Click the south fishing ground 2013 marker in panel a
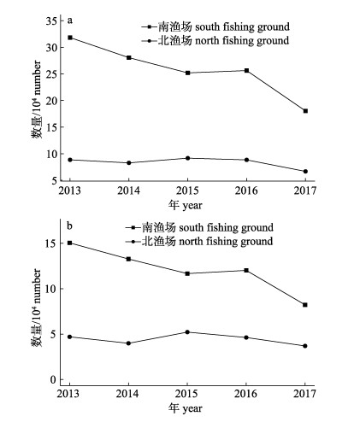coord(70,38)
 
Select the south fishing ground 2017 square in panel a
coord(305,111)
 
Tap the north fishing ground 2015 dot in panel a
coord(187,158)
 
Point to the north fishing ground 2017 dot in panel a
coord(305,172)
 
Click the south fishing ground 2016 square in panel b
coord(246,270)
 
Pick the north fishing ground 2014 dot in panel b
coord(128,343)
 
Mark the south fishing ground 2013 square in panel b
coord(70,243)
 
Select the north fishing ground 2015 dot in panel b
coord(187,332)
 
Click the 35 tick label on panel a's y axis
coord(50,21)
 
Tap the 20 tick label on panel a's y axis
coord(50,101)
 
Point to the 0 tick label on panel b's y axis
coord(53,379)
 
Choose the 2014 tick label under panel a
coord(128,190)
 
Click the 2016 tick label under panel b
coord(245,394)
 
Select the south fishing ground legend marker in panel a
coord(150,26)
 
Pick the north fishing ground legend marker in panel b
coord(133,242)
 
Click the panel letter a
coord(70,21)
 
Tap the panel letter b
coord(69,226)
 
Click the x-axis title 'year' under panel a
coord(192,206)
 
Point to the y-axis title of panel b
coord(37,308)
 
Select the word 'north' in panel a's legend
coord(207,40)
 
